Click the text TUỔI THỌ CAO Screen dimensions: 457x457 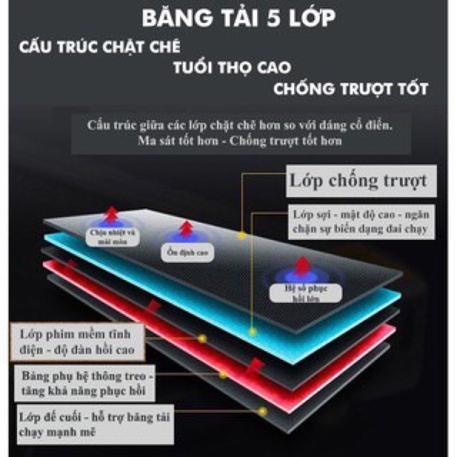pos(232,67)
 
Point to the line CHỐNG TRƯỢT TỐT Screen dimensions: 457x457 pos(350,90)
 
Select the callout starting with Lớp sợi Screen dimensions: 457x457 pos(360,223)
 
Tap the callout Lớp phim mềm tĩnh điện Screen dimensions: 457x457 pos(78,341)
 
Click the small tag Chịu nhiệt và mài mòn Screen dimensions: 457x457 pos(112,236)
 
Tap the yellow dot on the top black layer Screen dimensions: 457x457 pos(242,235)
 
